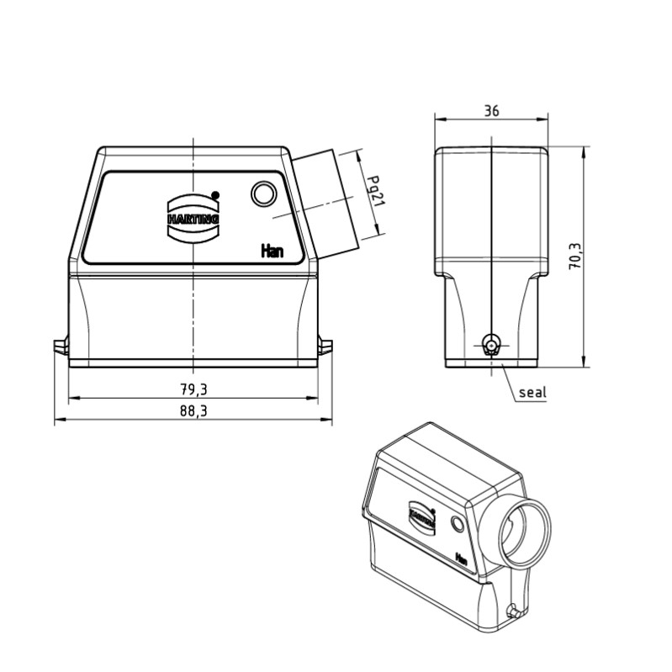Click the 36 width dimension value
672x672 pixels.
coord(491,111)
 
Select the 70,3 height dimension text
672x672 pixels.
coord(574,256)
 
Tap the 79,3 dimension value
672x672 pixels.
coord(193,389)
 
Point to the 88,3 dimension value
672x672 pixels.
coord(193,411)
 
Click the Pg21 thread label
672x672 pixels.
coord(378,191)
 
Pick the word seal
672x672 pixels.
coord(532,392)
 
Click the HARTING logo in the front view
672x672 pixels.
coord(193,217)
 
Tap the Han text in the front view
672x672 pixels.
coord(272,250)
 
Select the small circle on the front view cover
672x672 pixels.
coord(264,195)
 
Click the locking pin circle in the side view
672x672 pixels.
coord(491,344)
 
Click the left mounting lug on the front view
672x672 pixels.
coord(60,347)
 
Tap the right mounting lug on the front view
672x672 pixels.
coord(326,347)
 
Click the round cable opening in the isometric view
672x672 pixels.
coord(521,532)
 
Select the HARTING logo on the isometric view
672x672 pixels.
coord(422,516)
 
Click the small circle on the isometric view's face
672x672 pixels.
coord(458,526)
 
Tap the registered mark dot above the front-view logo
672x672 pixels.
coord(215,194)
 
